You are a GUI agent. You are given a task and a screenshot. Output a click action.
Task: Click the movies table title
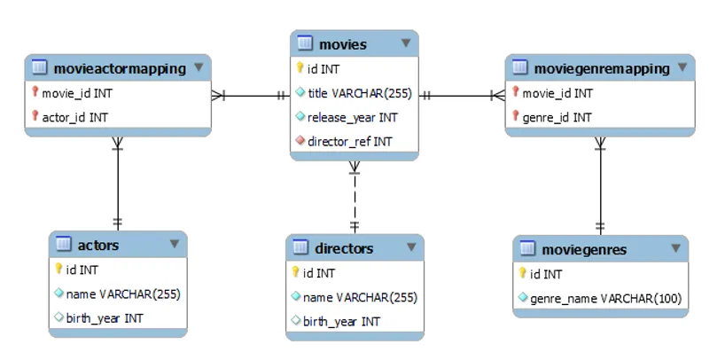click(342, 43)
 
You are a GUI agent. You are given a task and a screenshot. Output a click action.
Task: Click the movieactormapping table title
click(120, 68)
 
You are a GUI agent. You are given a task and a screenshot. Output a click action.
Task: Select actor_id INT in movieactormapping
click(74, 117)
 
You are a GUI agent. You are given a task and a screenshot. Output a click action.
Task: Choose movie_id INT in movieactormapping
click(77, 92)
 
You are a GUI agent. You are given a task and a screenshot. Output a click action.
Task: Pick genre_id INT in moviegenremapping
click(557, 117)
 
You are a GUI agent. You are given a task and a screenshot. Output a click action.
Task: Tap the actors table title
click(97, 245)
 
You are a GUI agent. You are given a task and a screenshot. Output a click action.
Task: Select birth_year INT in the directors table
click(341, 322)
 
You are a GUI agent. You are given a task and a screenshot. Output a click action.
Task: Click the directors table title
click(344, 248)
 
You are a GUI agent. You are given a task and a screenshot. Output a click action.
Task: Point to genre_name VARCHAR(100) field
click(605, 299)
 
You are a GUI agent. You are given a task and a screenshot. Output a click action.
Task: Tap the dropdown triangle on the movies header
click(405, 43)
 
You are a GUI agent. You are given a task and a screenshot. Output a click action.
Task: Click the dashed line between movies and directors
click(355, 200)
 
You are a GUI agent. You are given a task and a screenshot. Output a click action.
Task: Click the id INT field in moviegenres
click(546, 274)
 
